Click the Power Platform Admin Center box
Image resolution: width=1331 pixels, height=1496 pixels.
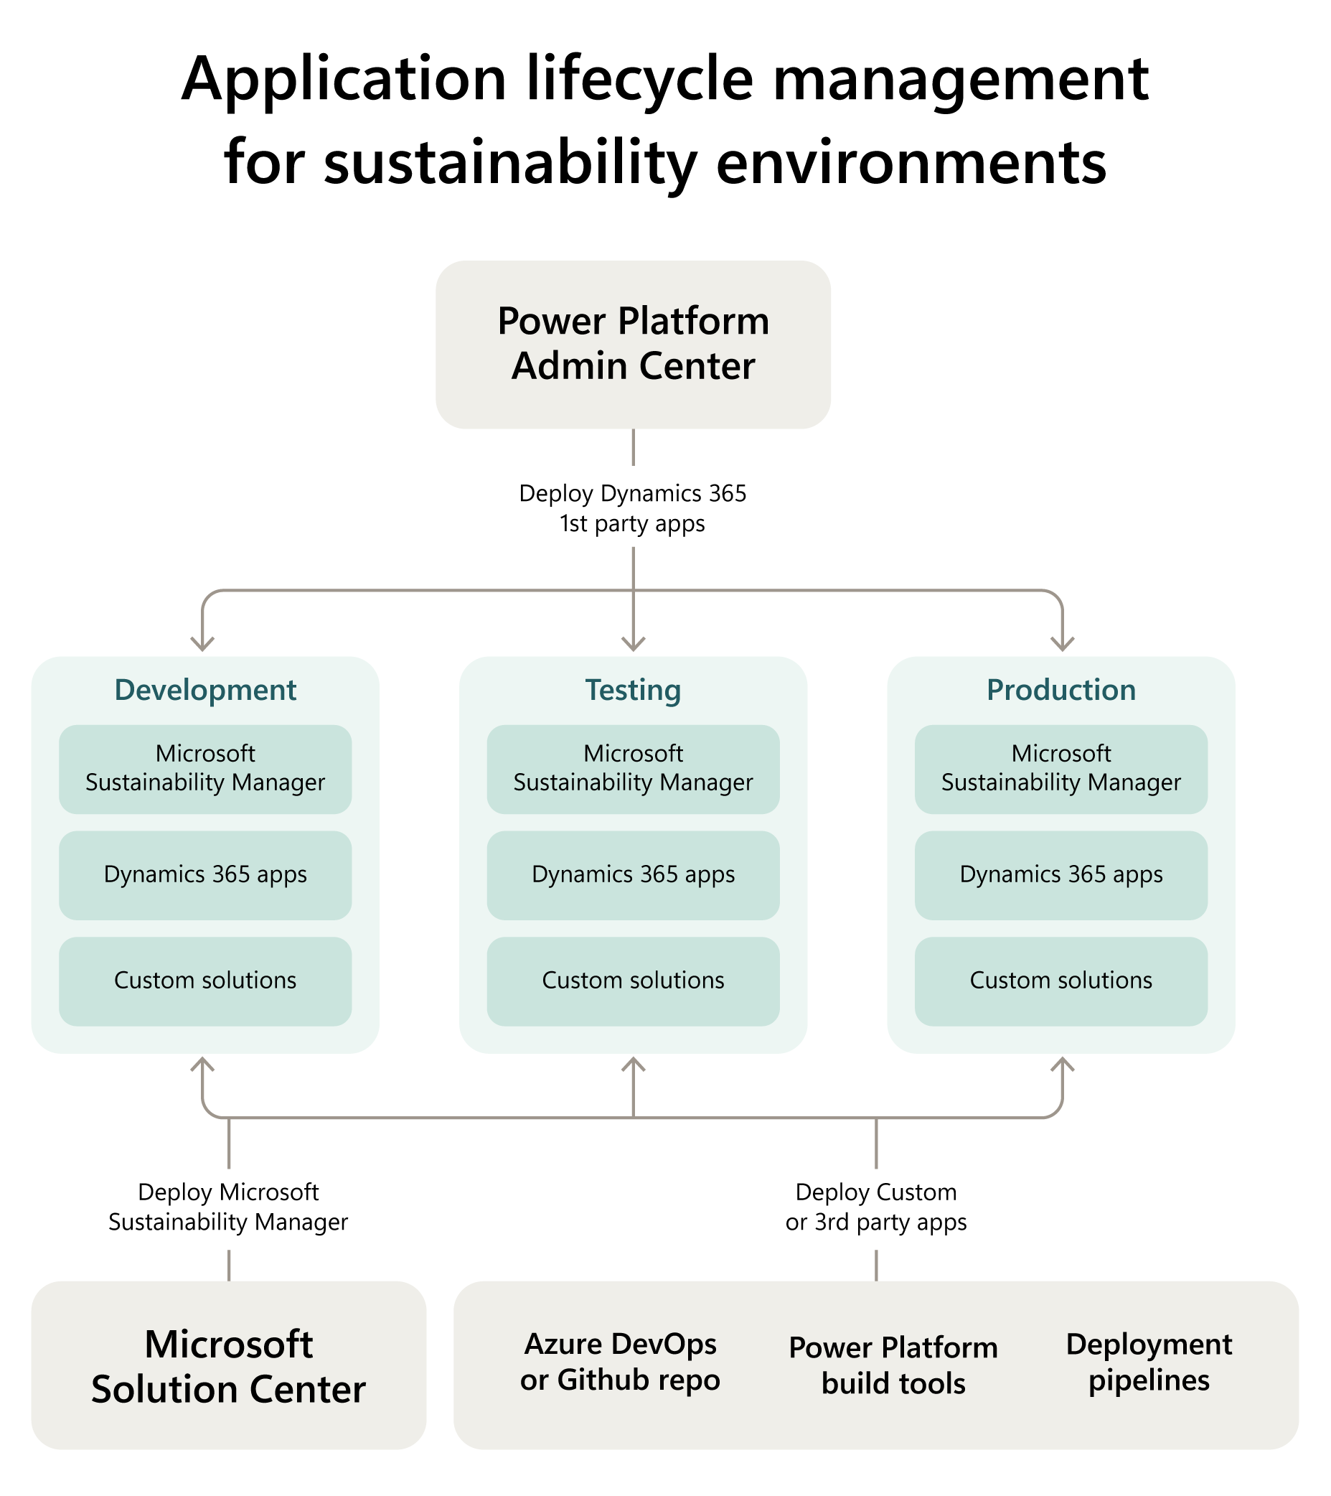pos(633,344)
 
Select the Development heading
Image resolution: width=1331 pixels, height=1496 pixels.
pos(205,690)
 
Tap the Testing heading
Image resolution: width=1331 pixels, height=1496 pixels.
pos(633,690)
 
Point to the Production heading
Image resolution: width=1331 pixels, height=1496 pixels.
pos(1061,690)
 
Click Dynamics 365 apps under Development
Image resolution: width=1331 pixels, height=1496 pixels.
pos(205,874)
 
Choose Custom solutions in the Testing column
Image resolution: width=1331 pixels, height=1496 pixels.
pos(633,981)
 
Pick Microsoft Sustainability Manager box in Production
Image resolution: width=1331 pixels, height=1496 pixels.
pos(1061,769)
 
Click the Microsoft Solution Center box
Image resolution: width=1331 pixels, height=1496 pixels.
pos(228,1367)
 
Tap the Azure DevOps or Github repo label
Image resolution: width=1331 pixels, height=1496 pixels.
pos(621,1362)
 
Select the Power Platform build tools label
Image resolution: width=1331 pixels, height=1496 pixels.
pos(893,1366)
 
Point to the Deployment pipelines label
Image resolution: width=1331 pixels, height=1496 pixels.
pos(1149,1362)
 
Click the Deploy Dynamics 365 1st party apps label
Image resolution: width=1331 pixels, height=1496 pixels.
pos(633,509)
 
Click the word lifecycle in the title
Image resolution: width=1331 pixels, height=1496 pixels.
pos(639,79)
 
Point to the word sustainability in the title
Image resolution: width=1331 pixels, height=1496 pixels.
pos(510,162)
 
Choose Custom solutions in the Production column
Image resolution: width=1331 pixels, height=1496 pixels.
pos(1061,981)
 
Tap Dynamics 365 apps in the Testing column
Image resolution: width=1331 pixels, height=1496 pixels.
pos(633,874)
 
